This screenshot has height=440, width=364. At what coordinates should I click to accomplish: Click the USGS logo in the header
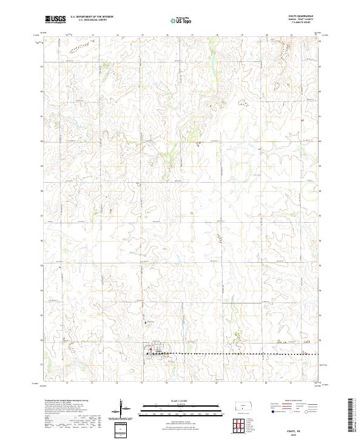(55, 19)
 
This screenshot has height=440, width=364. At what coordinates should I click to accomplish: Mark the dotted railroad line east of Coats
(243, 353)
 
